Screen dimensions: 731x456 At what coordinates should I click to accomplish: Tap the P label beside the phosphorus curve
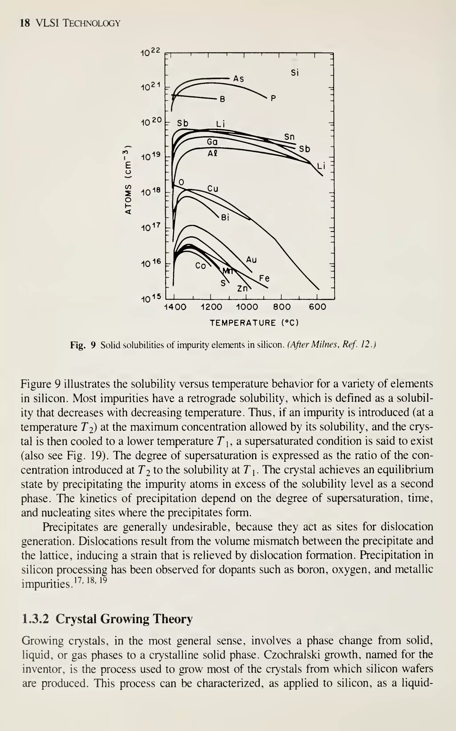coord(273,99)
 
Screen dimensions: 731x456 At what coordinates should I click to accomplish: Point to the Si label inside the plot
coord(295,73)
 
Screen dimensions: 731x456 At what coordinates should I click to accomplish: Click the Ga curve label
coord(212,142)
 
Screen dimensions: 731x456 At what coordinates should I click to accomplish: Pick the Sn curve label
coord(289,137)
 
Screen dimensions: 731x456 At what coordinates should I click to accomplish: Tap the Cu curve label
coord(213,189)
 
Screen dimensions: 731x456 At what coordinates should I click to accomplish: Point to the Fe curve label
coord(264,278)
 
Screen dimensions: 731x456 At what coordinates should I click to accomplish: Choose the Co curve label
coord(201,266)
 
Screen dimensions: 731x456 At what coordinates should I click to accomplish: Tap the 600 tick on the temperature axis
coord(317,307)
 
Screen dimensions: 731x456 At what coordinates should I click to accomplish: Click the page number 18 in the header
coord(25,23)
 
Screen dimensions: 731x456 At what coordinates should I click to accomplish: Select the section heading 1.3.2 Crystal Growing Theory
coord(107,619)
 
